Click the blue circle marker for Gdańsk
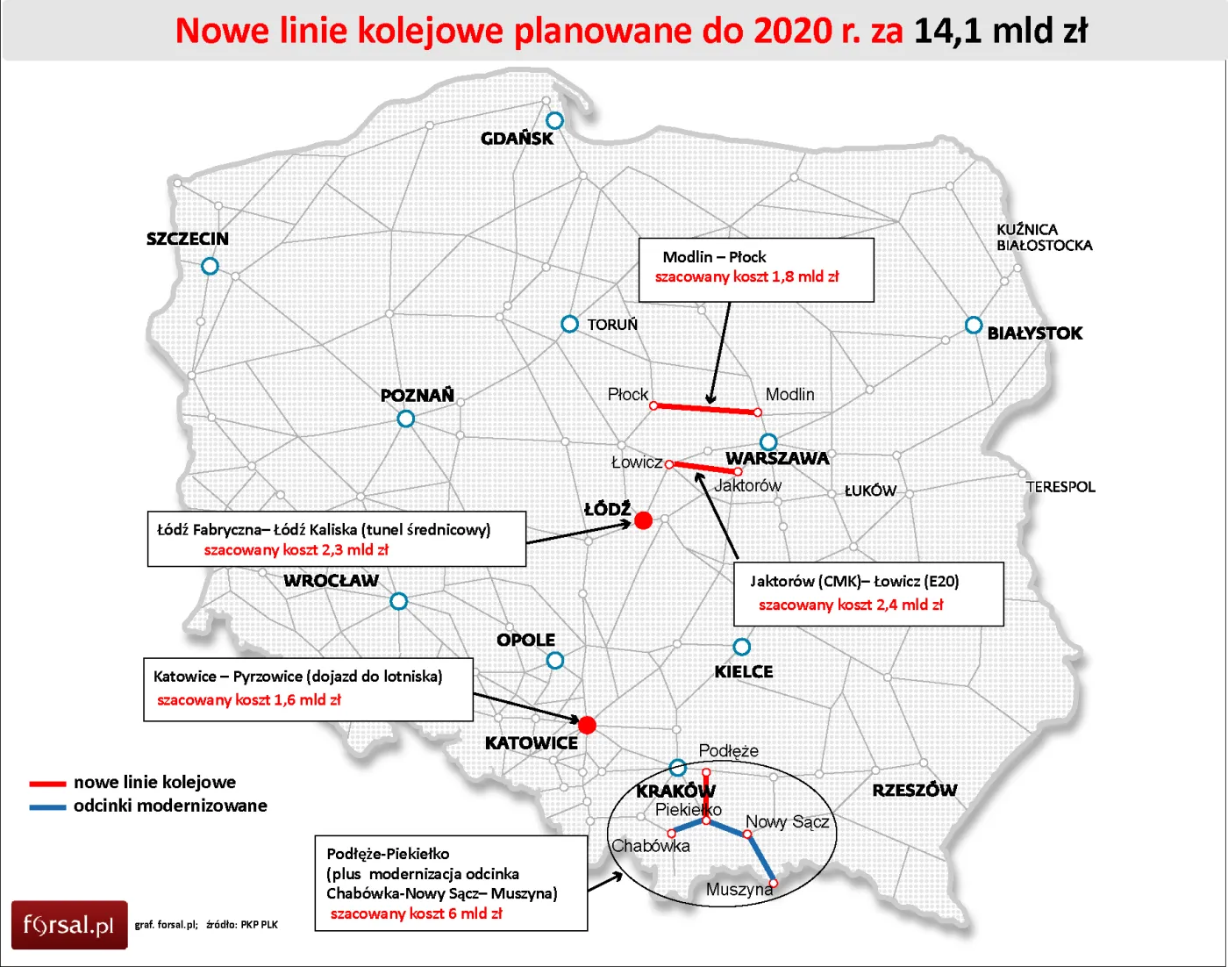(x=554, y=120)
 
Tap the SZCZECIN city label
(x=188, y=239)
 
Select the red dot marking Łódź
(x=643, y=520)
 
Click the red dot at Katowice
(x=588, y=725)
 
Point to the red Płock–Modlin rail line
(x=705, y=409)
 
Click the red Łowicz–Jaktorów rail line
(x=703, y=468)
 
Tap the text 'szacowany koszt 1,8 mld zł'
(x=746, y=277)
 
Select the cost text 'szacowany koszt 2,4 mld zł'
(x=851, y=605)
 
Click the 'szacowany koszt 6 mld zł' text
(x=417, y=913)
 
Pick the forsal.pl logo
(x=69, y=925)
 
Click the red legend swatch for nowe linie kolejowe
(x=47, y=783)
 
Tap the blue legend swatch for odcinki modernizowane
(x=47, y=806)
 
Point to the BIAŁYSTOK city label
(x=1035, y=333)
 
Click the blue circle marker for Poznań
(x=406, y=419)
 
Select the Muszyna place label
(x=739, y=890)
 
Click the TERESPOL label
(x=1060, y=487)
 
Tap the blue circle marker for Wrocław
(x=399, y=601)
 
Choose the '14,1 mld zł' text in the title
(x=1001, y=32)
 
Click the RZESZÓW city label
(x=915, y=790)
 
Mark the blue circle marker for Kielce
(x=742, y=647)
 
